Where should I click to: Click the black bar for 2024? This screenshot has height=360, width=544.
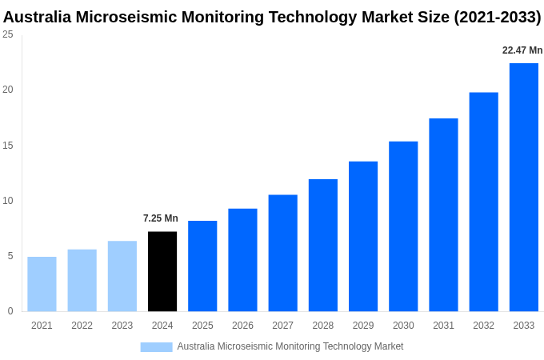click(162, 271)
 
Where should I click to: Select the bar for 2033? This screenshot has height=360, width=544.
click(523, 187)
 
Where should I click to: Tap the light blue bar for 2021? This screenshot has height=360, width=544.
click(42, 284)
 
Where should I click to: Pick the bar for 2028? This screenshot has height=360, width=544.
click(322, 245)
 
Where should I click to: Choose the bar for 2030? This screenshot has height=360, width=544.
click(403, 226)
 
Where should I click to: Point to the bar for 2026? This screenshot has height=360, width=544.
click(242, 260)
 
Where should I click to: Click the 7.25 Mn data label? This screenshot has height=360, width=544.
click(161, 218)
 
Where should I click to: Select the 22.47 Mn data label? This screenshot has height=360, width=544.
click(522, 50)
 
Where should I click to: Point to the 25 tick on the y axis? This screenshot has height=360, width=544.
click(8, 34)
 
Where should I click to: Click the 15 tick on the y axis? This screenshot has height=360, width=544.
click(8, 146)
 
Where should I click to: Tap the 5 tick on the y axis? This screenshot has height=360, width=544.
click(10, 256)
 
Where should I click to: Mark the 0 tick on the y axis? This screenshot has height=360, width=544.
click(10, 311)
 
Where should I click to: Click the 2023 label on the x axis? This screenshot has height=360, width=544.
click(122, 326)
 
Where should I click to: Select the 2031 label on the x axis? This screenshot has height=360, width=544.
click(443, 326)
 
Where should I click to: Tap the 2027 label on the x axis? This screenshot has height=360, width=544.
click(282, 326)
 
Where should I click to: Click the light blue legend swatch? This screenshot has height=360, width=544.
click(156, 346)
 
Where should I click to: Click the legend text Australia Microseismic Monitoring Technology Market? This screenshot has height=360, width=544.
click(290, 346)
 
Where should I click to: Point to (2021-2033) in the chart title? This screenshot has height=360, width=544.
click(497, 17)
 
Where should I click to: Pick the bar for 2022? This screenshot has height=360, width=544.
click(82, 280)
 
